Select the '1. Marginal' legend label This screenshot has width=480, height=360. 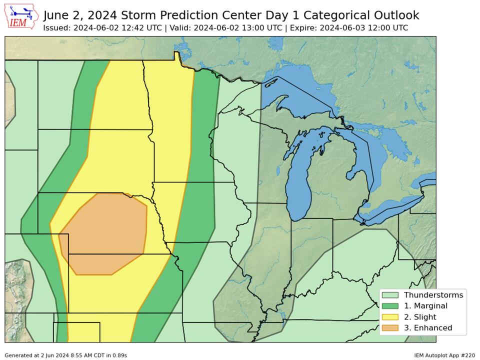point(425,306)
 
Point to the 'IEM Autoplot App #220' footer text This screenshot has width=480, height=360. point(444,355)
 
